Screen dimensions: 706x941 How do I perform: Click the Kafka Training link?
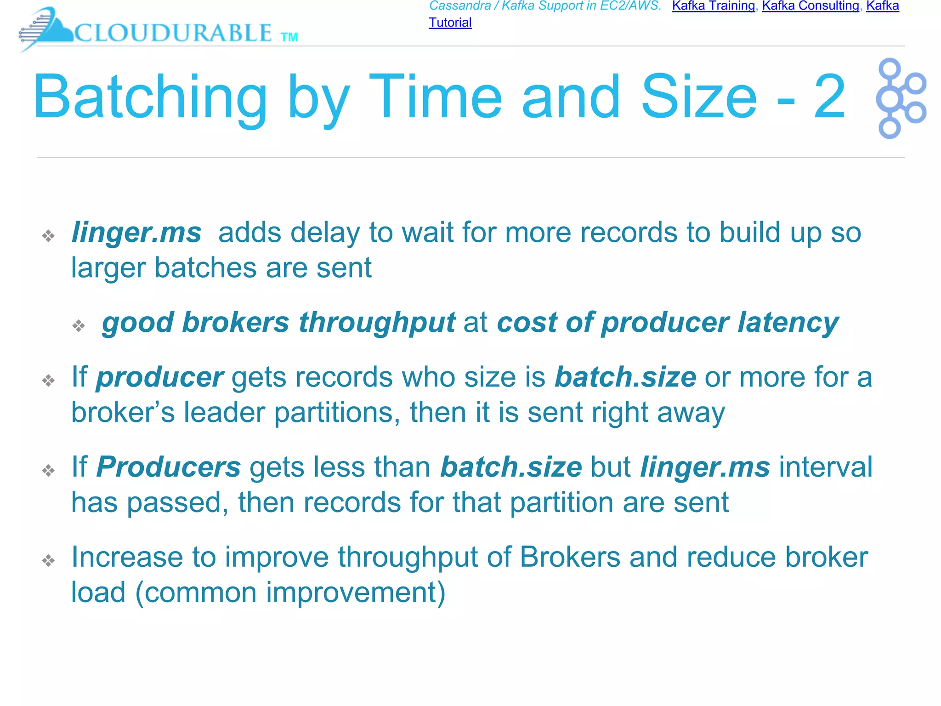click(713, 6)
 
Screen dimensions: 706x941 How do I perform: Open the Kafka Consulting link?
click(811, 6)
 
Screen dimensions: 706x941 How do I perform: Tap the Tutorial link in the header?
click(450, 23)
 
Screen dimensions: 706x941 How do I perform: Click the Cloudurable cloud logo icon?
click(46, 28)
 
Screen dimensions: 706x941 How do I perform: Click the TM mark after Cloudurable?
click(289, 37)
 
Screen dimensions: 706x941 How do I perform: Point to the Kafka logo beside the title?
click(901, 98)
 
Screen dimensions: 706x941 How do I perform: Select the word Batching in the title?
click(150, 98)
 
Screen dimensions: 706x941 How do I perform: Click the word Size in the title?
click(698, 97)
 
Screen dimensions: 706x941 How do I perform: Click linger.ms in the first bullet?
click(136, 232)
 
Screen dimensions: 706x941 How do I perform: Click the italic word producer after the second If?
click(159, 377)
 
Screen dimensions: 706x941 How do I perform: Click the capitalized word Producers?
click(168, 467)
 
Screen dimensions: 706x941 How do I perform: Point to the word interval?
click(825, 467)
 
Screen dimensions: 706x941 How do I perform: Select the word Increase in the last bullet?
click(127, 557)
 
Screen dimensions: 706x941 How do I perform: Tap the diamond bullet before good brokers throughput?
click(79, 326)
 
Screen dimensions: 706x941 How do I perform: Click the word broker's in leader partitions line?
click(123, 412)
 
